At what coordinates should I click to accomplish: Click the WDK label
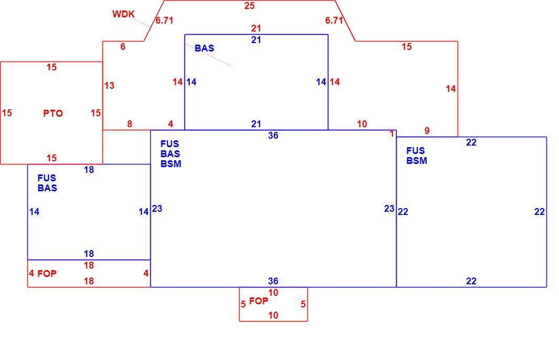click(x=123, y=14)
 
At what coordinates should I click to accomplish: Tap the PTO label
click(x=53, y=114)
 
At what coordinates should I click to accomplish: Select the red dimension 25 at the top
click(x=249, y=6)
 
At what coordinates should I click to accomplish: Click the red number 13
click(x=109, y=86)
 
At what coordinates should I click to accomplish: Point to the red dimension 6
click(x=122, y=47)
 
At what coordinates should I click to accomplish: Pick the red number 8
click(x=129, y=124)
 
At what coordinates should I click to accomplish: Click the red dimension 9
click(x=427, y=131)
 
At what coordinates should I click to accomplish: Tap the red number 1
click(x=392, y=134)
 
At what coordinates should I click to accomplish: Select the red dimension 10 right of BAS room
click(x=362, y=124)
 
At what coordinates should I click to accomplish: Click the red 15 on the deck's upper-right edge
click(x=407, y=47)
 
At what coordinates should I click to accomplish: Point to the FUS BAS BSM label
click(x=170, y=154)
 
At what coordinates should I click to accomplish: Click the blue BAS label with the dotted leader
click(x=204, y=48)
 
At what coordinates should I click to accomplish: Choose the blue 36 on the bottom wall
click(x=273, y=281)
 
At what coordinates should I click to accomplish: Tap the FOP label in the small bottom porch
click(x=258, y=301)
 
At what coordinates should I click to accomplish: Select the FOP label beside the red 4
click(x=47, y=274)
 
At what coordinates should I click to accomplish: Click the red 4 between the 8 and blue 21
click(x=170, y=124)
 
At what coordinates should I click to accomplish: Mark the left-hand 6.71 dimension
click(x=164, y=20)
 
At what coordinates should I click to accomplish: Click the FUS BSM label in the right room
click(x=417, y=156)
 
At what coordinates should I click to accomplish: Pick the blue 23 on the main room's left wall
click(x=157, y=208)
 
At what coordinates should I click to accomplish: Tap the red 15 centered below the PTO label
click(x=51, y=158)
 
